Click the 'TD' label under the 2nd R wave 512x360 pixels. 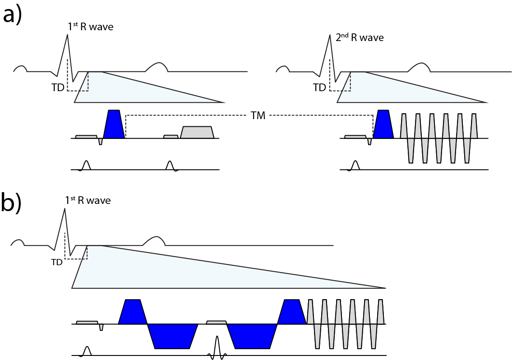coord(319,88)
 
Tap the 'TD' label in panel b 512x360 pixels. coord(57,262)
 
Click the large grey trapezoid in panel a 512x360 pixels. coord(197,132)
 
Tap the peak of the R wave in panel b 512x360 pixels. coord(65,208)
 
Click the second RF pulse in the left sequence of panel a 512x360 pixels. coord(170,166)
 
